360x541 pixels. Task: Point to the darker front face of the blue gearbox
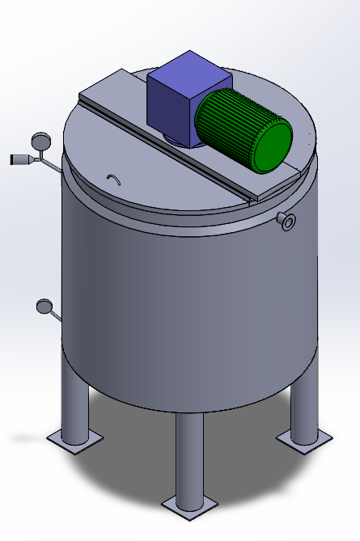click(x=169, y=108)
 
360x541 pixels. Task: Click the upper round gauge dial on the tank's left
click(x=38, y=142)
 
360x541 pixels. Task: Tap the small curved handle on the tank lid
click(x=115, y=178)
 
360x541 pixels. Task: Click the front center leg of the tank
click(x=189, y=457)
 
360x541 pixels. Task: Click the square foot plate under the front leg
click(x=189, y=505)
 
